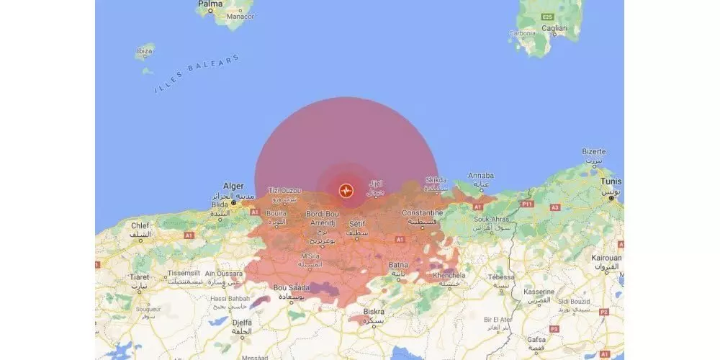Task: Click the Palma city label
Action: [x=210, y=4]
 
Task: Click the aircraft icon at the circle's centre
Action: [x=346, y=191]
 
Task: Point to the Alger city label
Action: [x=233, y=185]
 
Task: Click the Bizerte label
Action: [x=595, y=152]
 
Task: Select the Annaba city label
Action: [x=481, y=175]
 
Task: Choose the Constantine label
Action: [x=423, y=214]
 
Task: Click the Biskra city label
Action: [x=374, y=312]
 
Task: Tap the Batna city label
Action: [x=398, y=265]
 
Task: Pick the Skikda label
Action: [x=436, y=180]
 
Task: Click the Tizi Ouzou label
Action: [x=284, y=190]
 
